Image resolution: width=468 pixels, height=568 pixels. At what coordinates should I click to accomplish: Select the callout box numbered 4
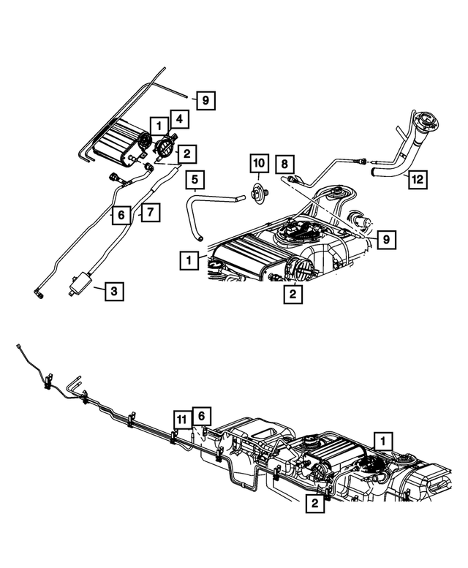[x=179, y=118]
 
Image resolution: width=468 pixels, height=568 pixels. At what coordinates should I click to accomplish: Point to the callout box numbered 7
[x=149, y=213]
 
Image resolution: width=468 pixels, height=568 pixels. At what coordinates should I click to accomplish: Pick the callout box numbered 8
[x=285, y=164]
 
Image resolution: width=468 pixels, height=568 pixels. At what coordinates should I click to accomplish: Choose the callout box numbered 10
[x=260, y=162]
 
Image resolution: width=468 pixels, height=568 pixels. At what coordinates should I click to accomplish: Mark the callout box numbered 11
[x=181, y=419]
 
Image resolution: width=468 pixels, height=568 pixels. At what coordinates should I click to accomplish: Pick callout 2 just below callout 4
[x=187, y=154]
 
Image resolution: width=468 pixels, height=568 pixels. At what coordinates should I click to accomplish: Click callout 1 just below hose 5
[x=189, y=260]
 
